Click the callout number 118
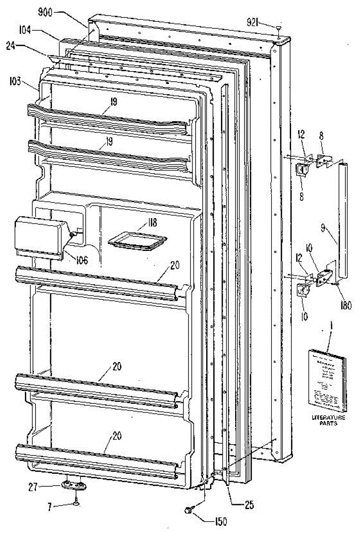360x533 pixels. (x=152, y=223)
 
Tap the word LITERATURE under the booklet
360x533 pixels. (x=328, y=418)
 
